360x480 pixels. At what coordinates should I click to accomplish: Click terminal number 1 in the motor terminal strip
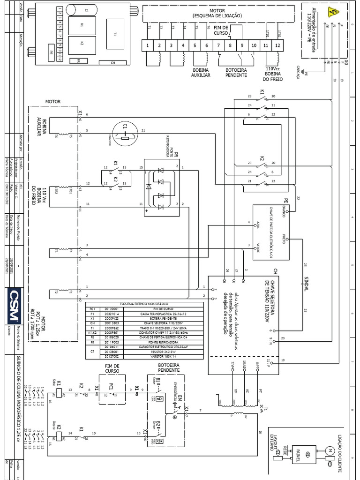tap(148, 45)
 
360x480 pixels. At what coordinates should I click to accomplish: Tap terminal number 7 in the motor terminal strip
tap(219, 45)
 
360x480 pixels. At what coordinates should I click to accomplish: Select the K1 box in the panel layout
tap(81, 26)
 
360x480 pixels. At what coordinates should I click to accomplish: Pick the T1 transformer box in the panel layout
tap(114, 34)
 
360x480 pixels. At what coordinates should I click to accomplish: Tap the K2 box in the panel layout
tap(81, 44)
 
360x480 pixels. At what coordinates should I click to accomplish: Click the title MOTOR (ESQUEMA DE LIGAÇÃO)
tap(217, 13)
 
